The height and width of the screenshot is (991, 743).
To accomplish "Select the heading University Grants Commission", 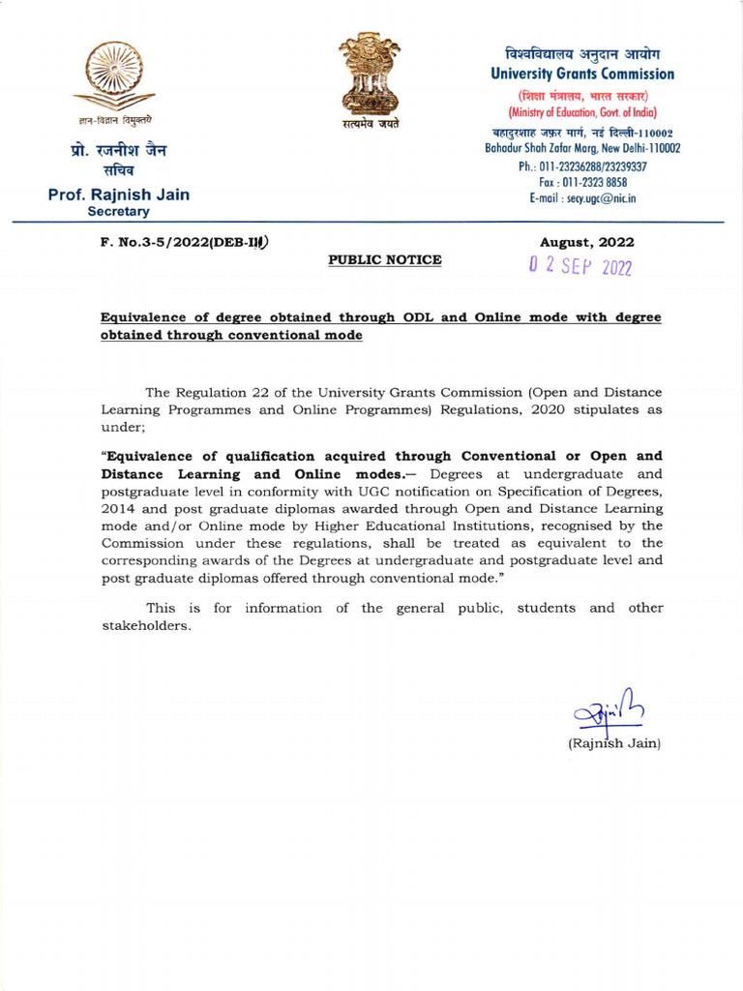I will click(x=582, y=74).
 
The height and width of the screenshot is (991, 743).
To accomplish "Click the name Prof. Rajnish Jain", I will click(x=119, y=195).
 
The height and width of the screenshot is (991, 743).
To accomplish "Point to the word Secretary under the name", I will click(x=119, y=211).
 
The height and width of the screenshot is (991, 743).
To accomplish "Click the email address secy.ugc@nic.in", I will click(x=582, y=198).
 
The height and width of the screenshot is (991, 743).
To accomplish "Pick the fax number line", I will click(x=582, y=182).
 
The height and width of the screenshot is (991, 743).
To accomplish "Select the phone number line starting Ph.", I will click(x=582, y=166).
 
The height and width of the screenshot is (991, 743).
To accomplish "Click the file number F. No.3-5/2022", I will click(x=184, y=242).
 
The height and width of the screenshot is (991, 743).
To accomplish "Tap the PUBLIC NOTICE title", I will click(x=385, y=259).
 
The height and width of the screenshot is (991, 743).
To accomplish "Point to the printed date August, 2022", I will click(x=587, y=242).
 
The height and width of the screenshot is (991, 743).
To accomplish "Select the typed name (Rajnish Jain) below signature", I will click(x=613, y=743).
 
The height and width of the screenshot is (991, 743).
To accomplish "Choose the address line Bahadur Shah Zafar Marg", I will click(x=582, y=148).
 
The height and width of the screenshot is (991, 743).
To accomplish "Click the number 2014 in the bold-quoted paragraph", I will click(x=118, y=508).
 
